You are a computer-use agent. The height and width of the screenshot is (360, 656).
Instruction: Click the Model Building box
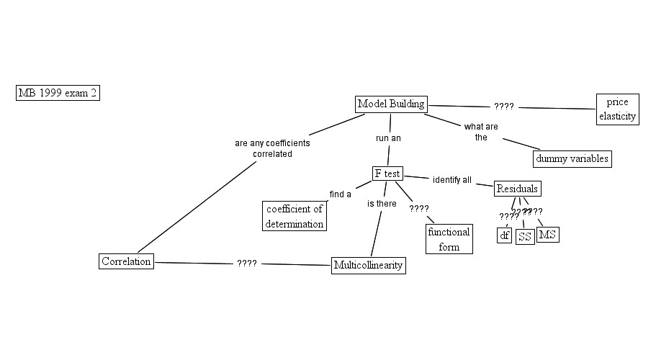[391, 104]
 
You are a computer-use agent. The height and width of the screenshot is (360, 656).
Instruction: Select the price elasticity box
[618, 109]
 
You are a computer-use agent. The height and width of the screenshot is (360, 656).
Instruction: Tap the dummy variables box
[572, 158]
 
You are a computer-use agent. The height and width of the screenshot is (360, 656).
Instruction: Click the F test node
[387, 174]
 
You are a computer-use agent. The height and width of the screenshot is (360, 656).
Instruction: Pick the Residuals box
[517, 189]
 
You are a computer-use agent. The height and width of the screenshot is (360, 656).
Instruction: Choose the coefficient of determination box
[294, 216]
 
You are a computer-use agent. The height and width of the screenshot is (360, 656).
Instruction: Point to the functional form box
[449, 238]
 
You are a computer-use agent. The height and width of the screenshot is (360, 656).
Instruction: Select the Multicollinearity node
[368, 266]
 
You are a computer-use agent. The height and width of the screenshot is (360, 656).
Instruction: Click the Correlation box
[127, 261]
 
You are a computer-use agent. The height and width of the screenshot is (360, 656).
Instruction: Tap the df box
[504, 235]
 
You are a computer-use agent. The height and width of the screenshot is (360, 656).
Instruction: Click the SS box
[525, 237]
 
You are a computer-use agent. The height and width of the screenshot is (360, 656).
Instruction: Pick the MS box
[547, 235]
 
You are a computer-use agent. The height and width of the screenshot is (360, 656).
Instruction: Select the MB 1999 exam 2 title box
[58, 93]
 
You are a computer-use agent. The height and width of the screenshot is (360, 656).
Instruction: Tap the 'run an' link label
[388, 137]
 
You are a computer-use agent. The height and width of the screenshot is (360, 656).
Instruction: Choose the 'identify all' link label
[451, 179]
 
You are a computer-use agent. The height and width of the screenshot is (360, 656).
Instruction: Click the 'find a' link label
[340, 194]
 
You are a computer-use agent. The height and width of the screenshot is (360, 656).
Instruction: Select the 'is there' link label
[382, 204]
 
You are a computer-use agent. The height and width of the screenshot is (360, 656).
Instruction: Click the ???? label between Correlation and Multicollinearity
[246, 264]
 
